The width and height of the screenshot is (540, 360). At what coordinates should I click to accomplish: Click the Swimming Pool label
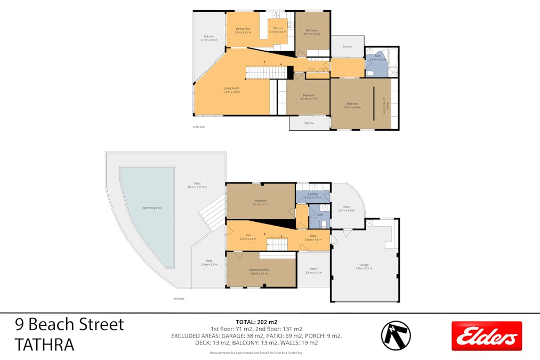coord(152,207)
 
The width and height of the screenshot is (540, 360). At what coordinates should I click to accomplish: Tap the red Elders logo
coord(486,336)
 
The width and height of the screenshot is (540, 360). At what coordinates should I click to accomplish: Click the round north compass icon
coord(396,335)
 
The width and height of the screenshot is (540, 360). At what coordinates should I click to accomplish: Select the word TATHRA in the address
coord(45,345)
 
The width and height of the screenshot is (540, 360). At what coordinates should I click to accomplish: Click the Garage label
coord(364,265)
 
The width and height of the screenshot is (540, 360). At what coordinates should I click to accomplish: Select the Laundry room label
coord(312,194)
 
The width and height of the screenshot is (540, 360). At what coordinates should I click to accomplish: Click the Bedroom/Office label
coord(259,270)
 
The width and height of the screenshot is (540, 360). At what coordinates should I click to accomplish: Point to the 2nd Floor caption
coord(199,127)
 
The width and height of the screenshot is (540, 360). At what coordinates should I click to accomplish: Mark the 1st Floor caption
coord(179,299)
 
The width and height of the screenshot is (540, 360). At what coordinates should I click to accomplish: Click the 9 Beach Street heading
coord(69,324)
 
